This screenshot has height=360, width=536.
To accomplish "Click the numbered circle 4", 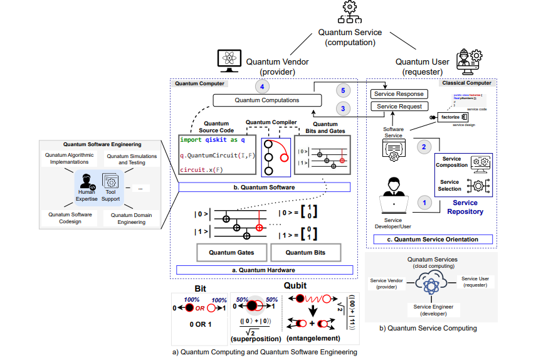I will coord(264,87).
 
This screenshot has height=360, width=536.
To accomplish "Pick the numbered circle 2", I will coord(423,146).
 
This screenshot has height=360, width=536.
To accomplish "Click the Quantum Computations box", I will coord(267,100).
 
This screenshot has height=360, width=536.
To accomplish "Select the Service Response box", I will coord(397,94).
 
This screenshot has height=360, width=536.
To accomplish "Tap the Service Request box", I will coord(397,107).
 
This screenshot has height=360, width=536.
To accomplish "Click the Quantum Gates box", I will coord(232,252).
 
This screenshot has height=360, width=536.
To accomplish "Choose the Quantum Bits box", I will coord(307,252).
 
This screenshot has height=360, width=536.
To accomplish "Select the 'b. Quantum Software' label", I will coord(264,187).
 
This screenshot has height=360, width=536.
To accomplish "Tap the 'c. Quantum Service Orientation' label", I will coord(433,240).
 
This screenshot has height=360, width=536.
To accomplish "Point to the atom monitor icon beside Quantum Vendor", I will coord(229,60).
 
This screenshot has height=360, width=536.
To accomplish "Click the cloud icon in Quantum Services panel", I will coord(431,284).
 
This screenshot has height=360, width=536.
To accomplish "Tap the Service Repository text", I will coord(465,207).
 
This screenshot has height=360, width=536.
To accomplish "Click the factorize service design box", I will coord(450,117).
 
